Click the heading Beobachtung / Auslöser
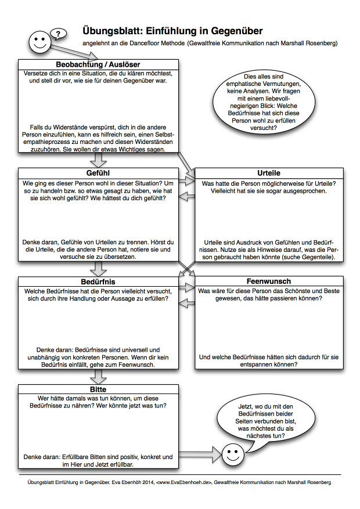[x=98, y=64]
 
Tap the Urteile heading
[x=268, y=173]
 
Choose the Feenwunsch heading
[x=268, y=281]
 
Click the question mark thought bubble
[x=57, y=34]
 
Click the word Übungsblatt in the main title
[x=111, y=31]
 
